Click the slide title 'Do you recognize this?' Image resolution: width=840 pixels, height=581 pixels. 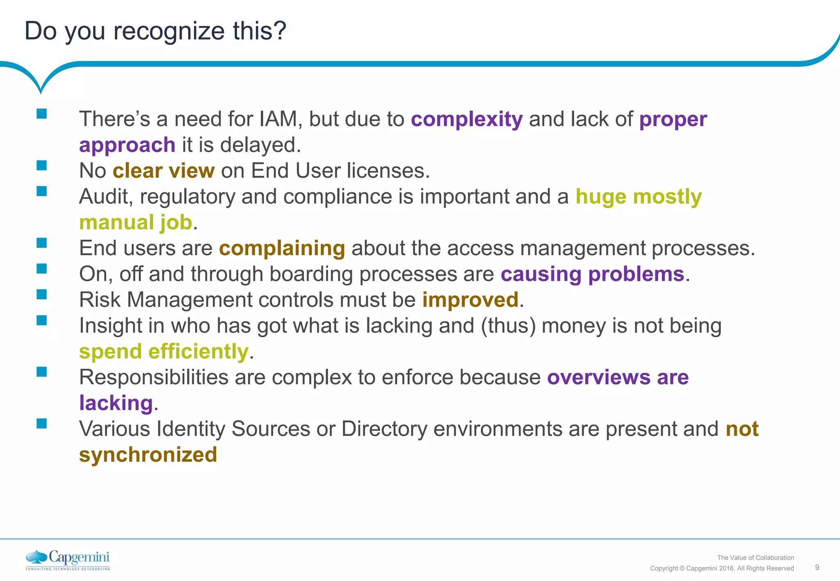[155, 31]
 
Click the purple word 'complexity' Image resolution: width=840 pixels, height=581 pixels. [467, 119]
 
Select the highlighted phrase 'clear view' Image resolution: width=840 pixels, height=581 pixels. [163, 171]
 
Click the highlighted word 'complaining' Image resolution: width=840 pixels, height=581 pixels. [282, 248]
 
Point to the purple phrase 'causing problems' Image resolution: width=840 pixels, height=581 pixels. [592, 274]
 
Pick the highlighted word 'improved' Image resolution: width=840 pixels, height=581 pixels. [470, 300]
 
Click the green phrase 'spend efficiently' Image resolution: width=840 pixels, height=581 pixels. [164, 352]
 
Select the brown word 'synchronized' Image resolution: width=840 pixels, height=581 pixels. [148, 455]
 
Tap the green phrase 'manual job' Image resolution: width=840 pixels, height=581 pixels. [135, 222]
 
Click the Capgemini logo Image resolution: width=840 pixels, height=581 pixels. [68, 560]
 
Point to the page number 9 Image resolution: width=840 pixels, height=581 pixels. [817, 567]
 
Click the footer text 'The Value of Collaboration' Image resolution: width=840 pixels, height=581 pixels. [755, 558]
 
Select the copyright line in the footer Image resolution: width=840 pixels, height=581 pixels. [722, 568]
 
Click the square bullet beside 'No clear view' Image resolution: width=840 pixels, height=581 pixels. [41, 166]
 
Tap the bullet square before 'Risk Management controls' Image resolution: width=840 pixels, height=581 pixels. [41, 295]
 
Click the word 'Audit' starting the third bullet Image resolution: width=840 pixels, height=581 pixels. [105, 197]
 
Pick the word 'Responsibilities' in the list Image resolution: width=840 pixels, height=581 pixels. [153, 377]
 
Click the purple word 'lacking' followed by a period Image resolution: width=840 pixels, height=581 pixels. [116, 403]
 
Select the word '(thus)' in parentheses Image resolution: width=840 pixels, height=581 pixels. [508, 326]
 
